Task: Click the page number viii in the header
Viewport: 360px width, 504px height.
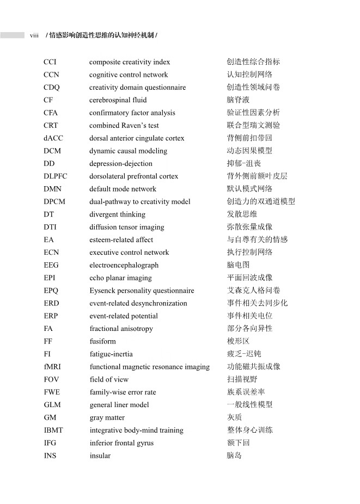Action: (x=34, y=35)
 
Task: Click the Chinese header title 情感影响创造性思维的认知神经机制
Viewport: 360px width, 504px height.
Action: (x=102, y=35)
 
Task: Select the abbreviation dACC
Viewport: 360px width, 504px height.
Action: (x=53, y=138)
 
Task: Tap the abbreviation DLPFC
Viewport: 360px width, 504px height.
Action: (x=57, y=176)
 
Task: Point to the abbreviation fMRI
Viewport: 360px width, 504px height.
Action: (x=53, y=367)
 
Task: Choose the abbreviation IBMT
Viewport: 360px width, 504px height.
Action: (x=53, y=430)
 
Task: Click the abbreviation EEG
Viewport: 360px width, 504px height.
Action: (x=51, y=265)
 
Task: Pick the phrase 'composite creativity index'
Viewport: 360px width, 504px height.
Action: (x=130, y=62)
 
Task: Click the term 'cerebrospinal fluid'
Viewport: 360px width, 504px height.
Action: (x=118, y=100)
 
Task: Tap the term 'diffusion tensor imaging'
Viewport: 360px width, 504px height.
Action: (x=126, y=227)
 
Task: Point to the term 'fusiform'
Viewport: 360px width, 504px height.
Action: (x=102, y=341)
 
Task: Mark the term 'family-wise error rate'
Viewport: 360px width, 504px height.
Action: (x=123, y=392)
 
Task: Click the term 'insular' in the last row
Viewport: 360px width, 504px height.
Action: (x=100, y=456)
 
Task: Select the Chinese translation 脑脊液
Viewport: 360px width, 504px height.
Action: (x=238, y=100)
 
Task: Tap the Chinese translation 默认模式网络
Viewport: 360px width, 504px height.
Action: (x=249, y=189)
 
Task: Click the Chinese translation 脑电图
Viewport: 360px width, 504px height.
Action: (x=238, y=265)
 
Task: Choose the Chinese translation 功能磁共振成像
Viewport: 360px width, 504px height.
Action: (x=253, y=367)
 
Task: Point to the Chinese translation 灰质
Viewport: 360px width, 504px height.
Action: (x=234, y=417)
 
